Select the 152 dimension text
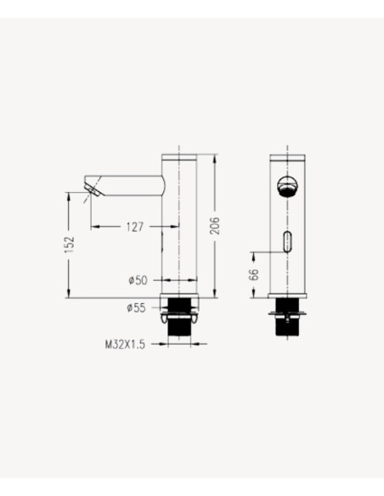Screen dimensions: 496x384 tap(70, 244)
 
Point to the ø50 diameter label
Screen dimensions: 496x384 tap(138, 279)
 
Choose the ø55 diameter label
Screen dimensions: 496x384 tap(138, 308)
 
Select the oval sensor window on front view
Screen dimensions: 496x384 tap(288, 242)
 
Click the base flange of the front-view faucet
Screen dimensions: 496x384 tap(288, 297)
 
